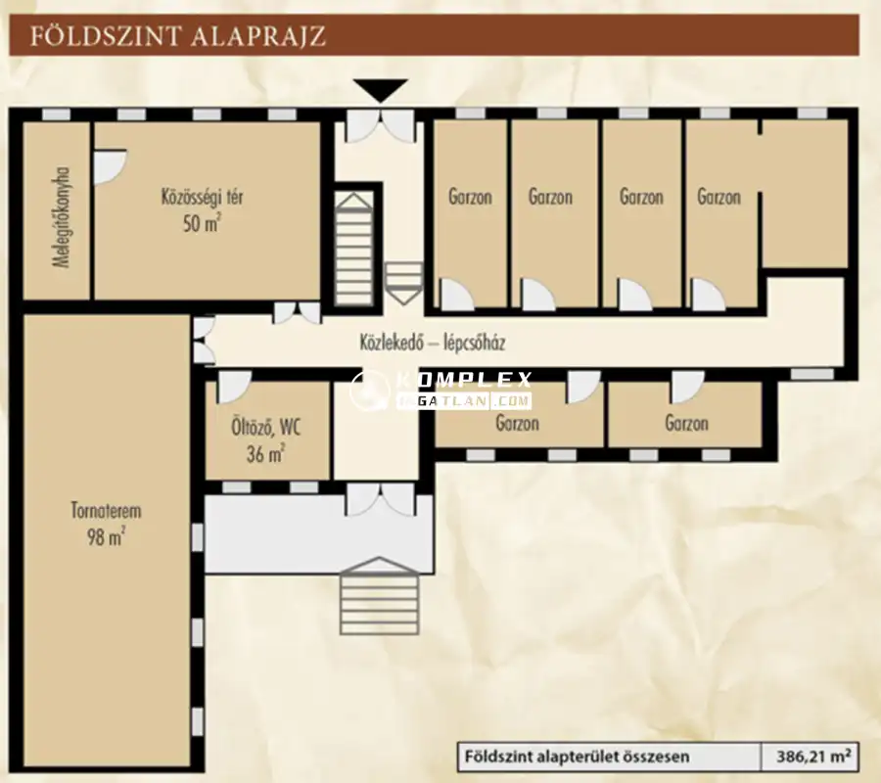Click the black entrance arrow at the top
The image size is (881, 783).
pos(381,90)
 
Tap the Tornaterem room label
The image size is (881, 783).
pos(106,511)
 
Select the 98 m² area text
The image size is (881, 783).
pos(106,536)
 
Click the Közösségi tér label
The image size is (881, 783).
pos(203,197)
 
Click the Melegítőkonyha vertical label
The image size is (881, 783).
pos(61,217)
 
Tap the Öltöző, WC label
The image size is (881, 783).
pos(266,428)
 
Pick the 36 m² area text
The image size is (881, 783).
pos(266,453)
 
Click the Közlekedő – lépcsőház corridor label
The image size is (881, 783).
pos(432,342)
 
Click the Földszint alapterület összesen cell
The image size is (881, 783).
pos(577,756)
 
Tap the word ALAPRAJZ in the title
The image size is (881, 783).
pos(257,36)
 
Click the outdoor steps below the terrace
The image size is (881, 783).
pos(379,596)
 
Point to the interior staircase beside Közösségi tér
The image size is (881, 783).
pos(354,249)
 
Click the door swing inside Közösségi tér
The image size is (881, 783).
pos(110,166)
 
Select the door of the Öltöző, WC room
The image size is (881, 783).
pos(234,387)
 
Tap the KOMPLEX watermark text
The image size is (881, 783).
pos(464,381)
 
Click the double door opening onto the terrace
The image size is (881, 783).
pos(381,500)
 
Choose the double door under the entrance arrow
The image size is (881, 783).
pos(381,126)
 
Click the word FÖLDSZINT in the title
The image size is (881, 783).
pos(106,36)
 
